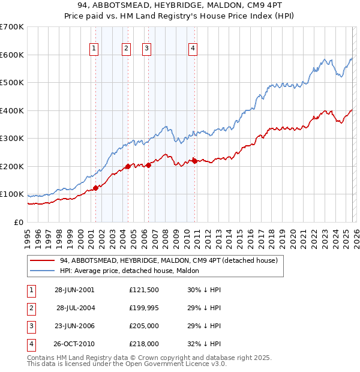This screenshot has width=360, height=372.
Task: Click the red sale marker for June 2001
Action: (95, 188)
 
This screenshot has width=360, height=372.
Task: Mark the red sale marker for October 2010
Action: (194, 161)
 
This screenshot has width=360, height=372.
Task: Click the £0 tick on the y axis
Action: (18, 222)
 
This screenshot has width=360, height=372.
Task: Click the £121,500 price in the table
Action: (144, 289)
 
